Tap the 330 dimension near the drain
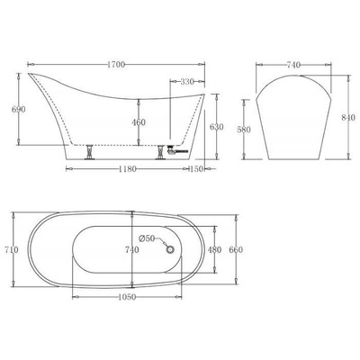coord(185,83)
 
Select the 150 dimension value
coord(196,169)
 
